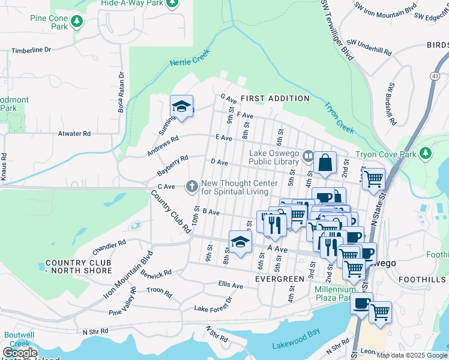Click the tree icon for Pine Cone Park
coord(76,22)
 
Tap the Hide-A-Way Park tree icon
coord(172,3)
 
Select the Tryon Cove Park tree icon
coord(426,154)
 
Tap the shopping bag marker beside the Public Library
coord(325,163)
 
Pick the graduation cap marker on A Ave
coord(240,242)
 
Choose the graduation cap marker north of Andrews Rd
coord(181,107)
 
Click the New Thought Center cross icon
coord(192,187)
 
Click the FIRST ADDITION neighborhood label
coord(275,98)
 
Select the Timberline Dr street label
coord(31,50)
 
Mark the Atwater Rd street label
coord(74,133)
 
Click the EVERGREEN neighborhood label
coord(279,279)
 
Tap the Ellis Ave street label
coord(231,286)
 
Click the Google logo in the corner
coord(19,353)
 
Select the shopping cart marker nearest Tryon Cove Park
coord(373,178)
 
